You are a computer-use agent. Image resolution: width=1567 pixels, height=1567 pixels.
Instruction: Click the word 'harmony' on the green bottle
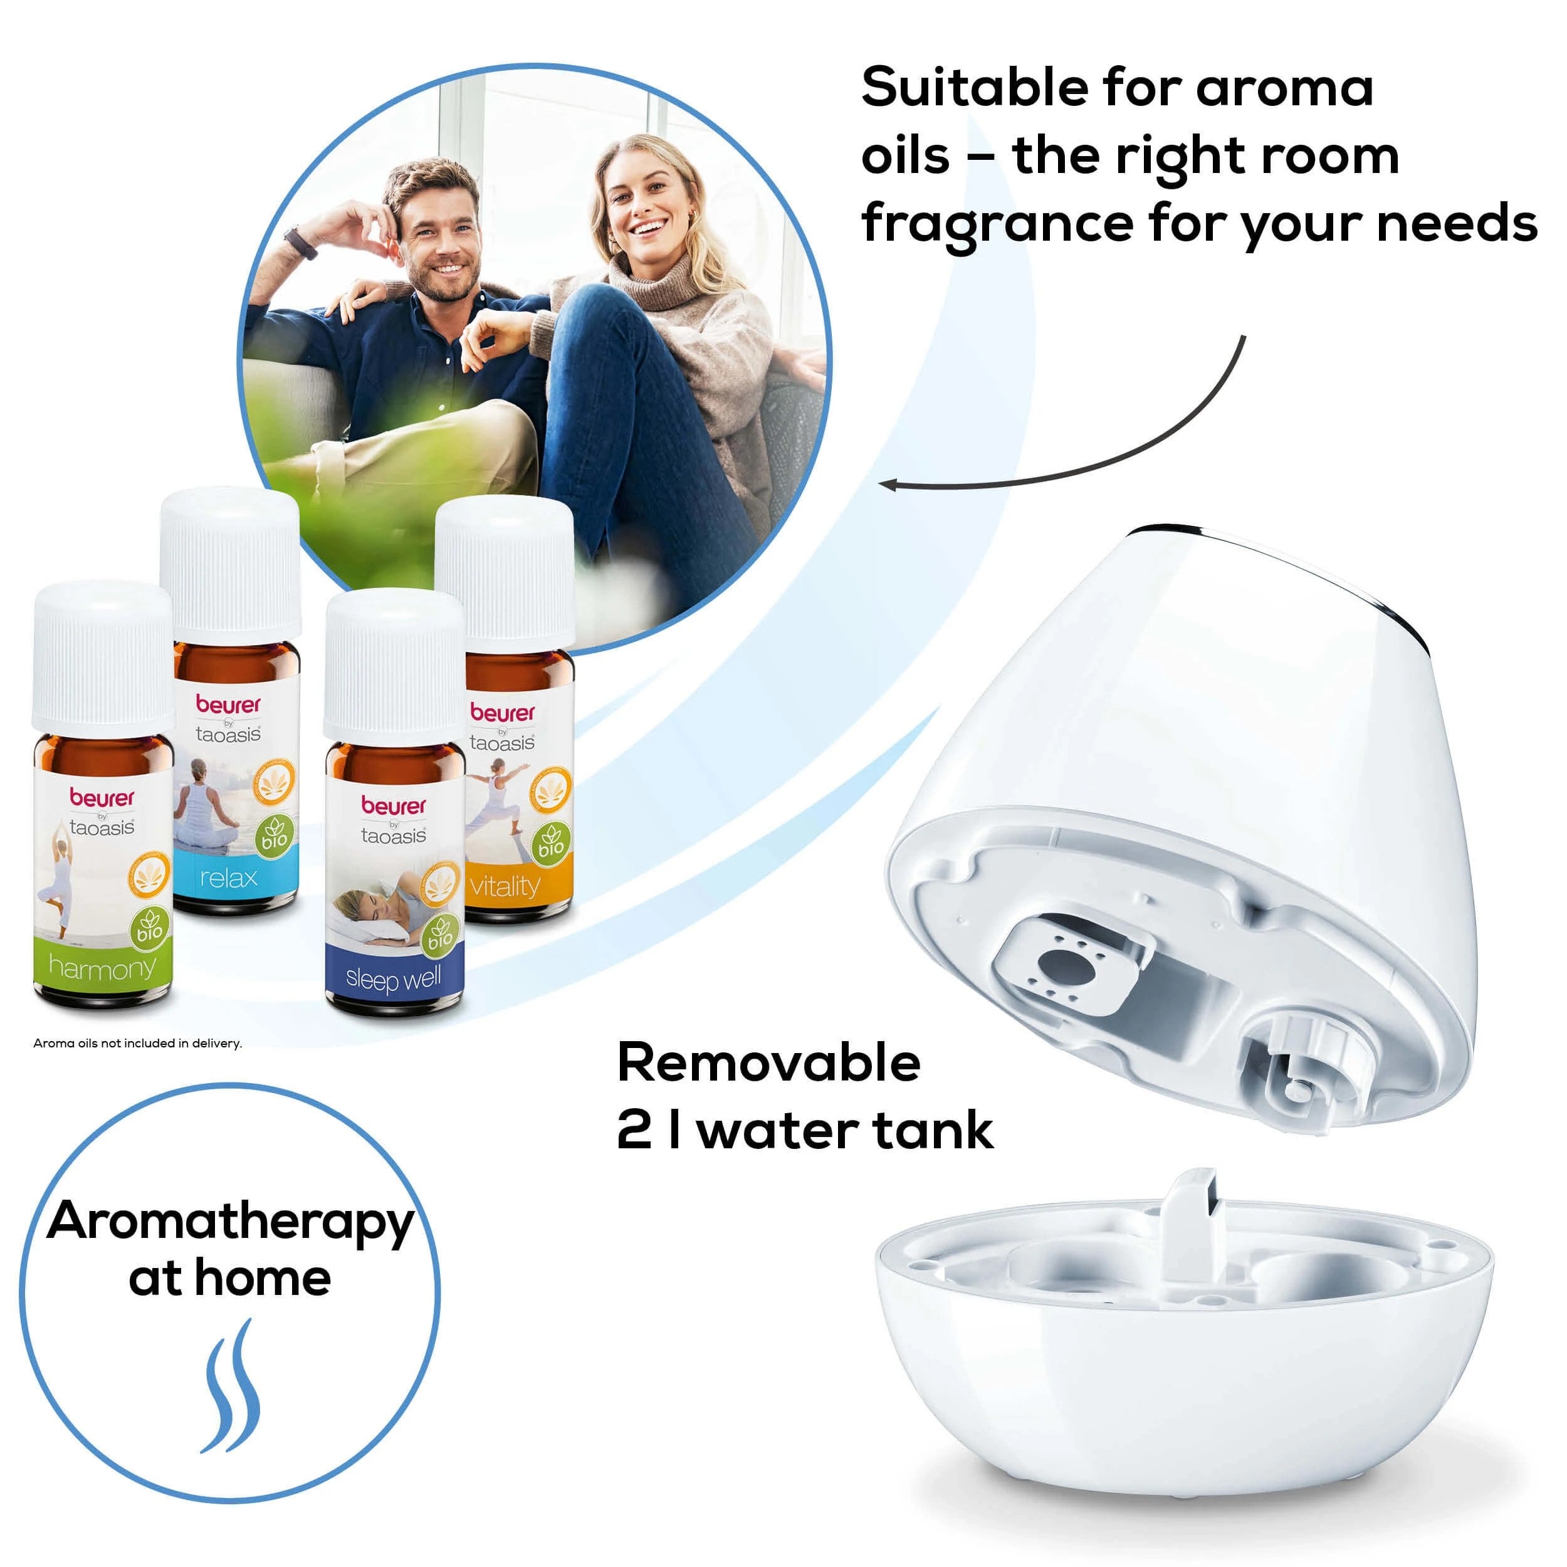click(102, 968)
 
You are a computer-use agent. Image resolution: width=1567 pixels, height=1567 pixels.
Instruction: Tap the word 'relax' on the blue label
click(229, 878)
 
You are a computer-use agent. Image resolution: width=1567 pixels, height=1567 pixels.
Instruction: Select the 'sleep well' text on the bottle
click(394, 978)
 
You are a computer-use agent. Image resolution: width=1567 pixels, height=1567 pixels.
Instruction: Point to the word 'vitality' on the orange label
click(504, 886)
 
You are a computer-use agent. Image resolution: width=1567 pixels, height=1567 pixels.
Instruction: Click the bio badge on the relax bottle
click(273, 836)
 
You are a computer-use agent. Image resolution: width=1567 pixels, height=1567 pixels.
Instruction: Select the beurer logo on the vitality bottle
click(503, 713)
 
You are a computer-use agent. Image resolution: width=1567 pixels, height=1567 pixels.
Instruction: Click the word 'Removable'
click(768, 1063)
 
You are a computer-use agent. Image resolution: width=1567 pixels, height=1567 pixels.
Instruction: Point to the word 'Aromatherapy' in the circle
click(230, 1222)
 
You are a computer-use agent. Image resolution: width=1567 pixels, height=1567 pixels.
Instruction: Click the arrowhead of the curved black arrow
click(888, 485)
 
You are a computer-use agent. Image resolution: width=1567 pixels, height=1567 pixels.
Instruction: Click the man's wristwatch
click(301, 243)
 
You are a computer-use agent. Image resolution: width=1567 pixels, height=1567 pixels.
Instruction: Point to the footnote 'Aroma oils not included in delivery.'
click(137, 1044)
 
